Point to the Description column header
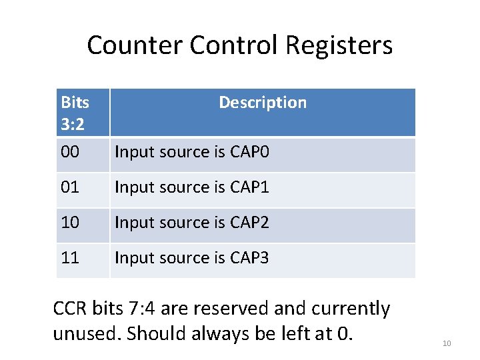click(263, 102)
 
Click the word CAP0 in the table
click(249, 152)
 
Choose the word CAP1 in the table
click(249, 187)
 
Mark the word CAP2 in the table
click(249, 222)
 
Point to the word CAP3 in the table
click(249, 257)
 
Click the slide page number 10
click(447, 343)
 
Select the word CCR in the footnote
click(69, 309)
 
